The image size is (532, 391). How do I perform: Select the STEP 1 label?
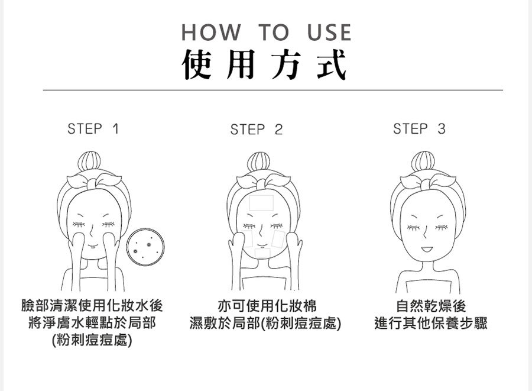tap(93, 128)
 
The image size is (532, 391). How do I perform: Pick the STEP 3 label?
tap(419, 128)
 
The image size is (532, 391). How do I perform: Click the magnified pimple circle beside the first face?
tap(145, 247)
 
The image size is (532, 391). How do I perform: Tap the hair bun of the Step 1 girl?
tap(94, 162)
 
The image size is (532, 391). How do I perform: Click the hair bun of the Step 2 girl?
tap(259, 163)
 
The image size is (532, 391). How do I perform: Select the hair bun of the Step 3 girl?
tap(423, 162)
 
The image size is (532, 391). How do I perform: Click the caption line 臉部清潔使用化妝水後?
tap(92, 306)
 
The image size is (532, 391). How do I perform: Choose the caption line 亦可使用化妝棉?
tap(267, 306)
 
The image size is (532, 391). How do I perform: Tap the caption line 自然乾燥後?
tap(431, 306)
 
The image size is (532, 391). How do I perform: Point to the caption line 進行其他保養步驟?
tap(431, 324)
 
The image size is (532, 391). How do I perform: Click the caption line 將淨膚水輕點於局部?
tap(92, 324)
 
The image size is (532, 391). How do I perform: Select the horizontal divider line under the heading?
tap(273, 91)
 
